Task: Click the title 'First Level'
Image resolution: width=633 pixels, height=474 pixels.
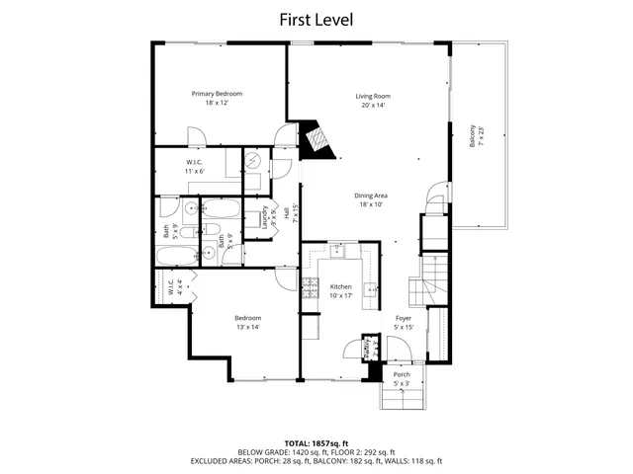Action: click(316, 19)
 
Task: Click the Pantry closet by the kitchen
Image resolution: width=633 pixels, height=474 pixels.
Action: click(372, 349)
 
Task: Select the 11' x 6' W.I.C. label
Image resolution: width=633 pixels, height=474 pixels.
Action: click(195, 166)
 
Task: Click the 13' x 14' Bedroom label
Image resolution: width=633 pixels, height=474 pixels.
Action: click(247, 322)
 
